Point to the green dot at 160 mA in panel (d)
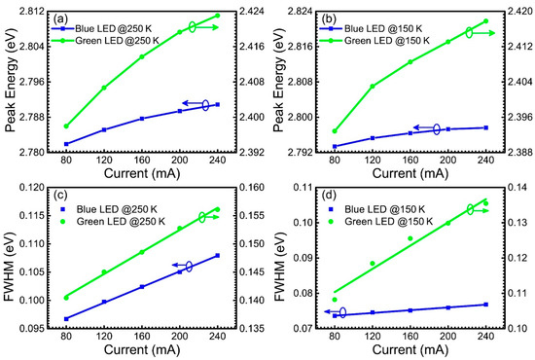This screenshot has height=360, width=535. pyautogui.click(x=410, y=238)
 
